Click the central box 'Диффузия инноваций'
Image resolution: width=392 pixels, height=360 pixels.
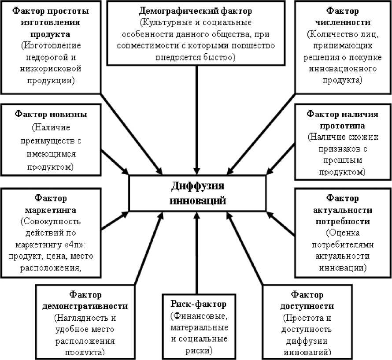198,193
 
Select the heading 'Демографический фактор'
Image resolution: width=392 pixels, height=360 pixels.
196,11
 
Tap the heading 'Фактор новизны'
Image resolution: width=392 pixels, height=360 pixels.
51,115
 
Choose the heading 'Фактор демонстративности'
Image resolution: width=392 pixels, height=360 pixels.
85,300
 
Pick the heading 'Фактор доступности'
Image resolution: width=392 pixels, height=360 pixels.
307,300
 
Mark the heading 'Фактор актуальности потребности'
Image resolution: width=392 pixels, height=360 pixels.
343,210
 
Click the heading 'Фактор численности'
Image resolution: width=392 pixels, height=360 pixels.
342,16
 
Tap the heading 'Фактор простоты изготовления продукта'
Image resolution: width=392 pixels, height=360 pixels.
51,22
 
